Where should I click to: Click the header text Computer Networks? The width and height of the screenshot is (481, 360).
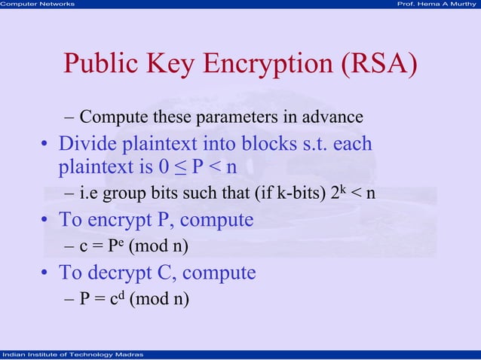(x=38, y=4)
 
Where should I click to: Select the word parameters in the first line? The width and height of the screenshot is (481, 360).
(x=239, y=117)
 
